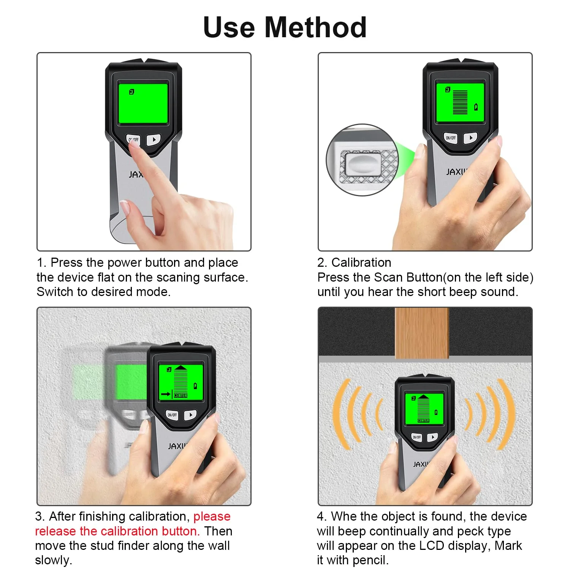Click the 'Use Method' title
coord(285,27)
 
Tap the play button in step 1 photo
coord(154,139)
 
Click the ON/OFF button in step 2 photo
coord(451,138)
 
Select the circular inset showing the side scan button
coord(362,160)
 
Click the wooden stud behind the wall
coord(422,333)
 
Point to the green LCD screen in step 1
coord(143,104)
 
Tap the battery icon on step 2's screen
coord(476,107)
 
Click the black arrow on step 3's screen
coord(166,394)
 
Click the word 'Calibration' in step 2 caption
coord(361,263)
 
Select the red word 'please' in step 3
coord(212,517)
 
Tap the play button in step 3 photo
coord(190,415)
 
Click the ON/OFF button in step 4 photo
coord(417,437)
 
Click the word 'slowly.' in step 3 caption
coord(54,560)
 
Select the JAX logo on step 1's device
coord(136,174)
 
